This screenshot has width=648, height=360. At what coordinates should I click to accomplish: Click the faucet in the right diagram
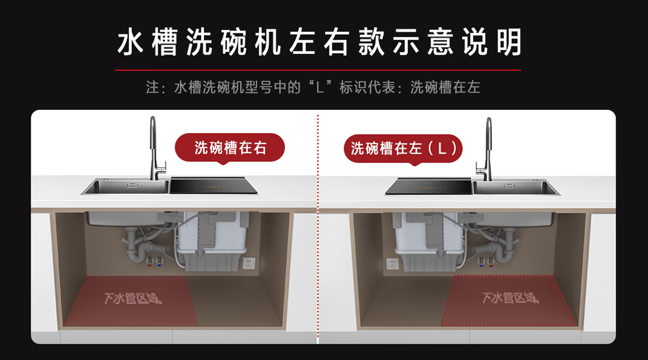point(487,150)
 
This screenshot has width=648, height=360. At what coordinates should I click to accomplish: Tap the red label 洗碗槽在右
point(230,148)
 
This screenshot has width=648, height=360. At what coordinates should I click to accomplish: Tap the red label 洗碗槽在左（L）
point(403,148)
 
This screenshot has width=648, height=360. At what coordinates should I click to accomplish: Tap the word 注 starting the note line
point(152,88)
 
